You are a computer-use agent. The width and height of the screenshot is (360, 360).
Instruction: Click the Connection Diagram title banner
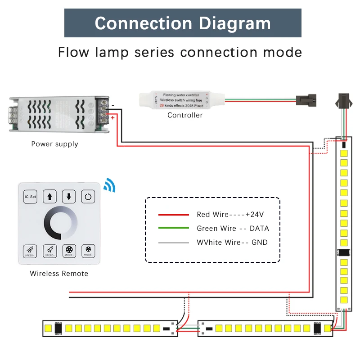click(183, 23)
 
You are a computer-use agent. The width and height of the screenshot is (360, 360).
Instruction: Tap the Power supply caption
click(54, 144)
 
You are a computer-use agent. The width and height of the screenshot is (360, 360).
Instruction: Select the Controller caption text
click(185, 115)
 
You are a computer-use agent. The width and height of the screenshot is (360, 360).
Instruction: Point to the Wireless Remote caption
click(59, 273)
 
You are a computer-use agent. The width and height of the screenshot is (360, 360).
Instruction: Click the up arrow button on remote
click(49, 197)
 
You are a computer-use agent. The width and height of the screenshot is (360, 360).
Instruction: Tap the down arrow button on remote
click(69, 197)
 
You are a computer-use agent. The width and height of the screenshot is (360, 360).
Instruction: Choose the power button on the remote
click(88, 197)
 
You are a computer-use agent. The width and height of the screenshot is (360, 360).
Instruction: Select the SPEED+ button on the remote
click(30, 251)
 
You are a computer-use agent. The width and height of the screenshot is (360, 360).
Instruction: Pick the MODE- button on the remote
click(88, 251)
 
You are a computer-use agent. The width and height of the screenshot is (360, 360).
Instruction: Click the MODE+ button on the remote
click(69, 251)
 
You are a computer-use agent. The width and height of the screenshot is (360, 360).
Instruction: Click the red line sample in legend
click(173, 215)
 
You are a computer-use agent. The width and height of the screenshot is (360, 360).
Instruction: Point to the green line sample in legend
click(173, 229)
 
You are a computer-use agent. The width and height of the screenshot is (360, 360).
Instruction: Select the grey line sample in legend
click(173, 243)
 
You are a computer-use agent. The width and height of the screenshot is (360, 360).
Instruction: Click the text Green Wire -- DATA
click(233, 229)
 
